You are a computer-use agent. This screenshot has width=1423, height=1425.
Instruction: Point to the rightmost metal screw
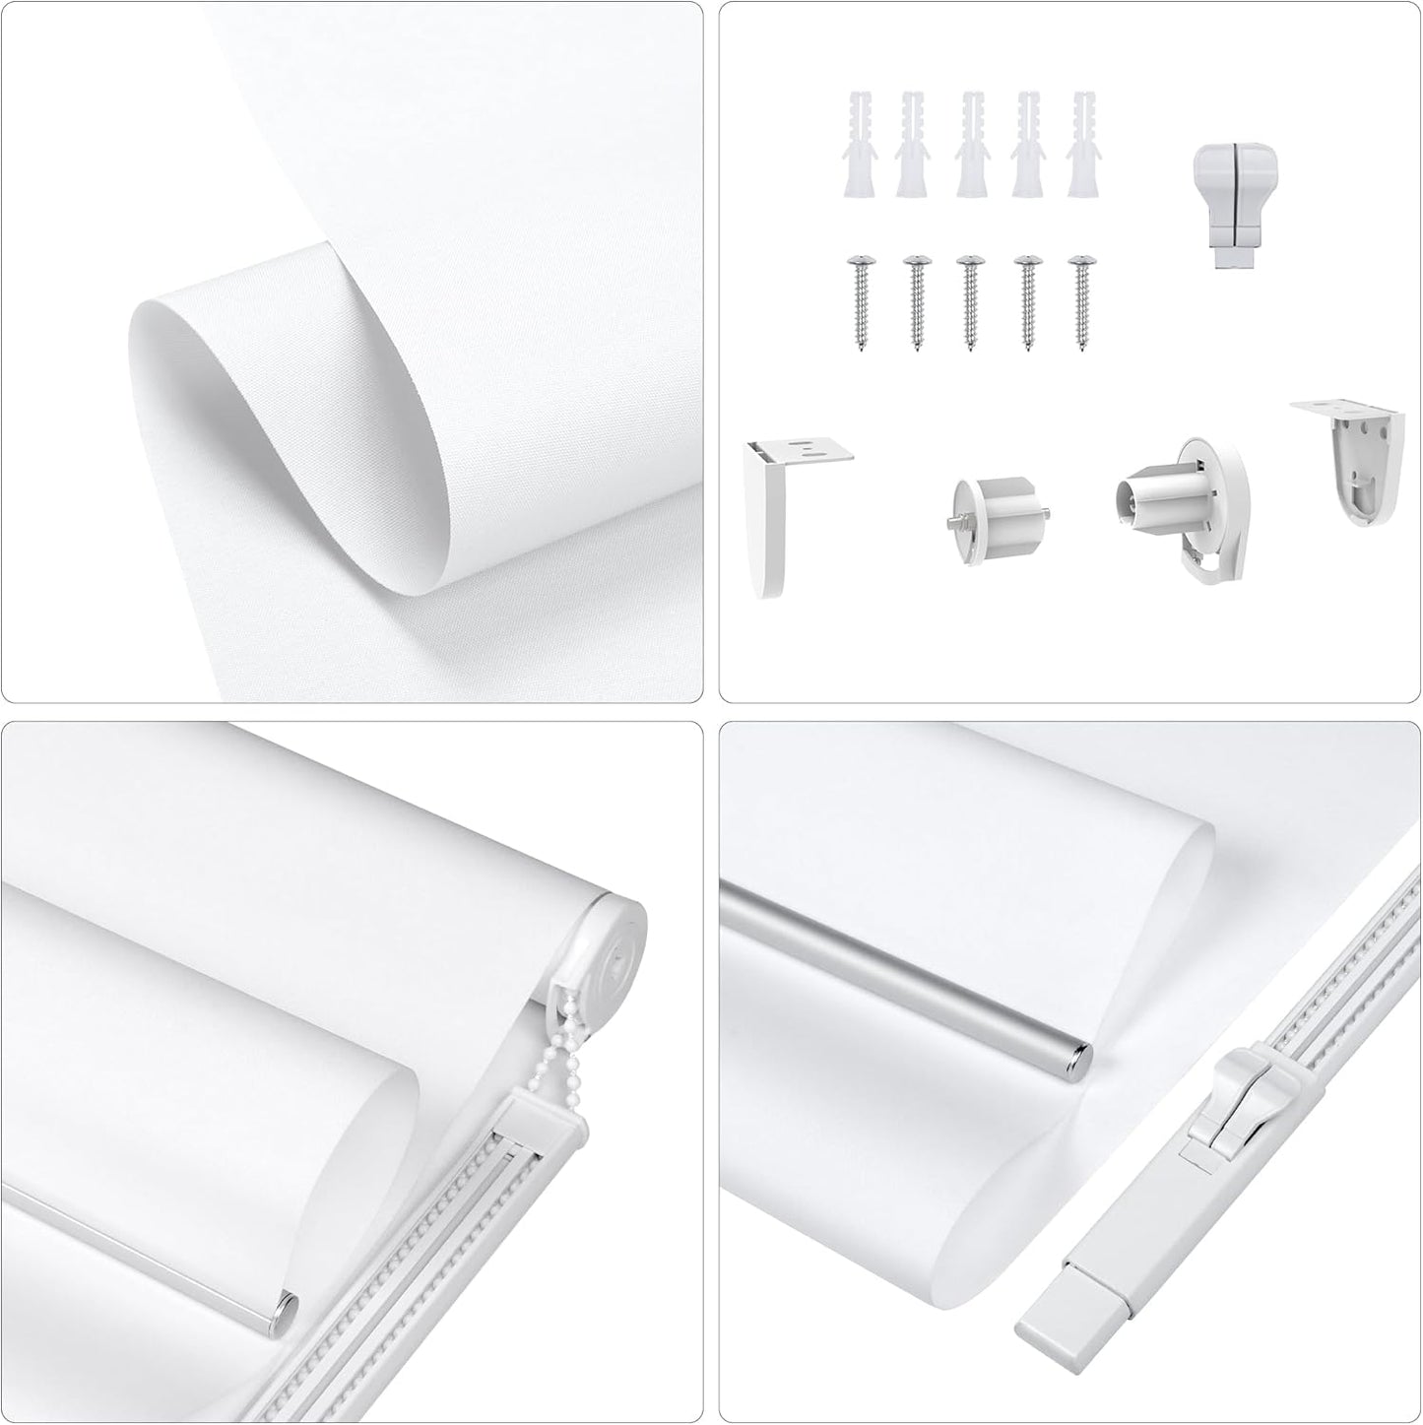[1084, 300]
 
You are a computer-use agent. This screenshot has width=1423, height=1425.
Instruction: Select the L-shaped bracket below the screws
[784, 512]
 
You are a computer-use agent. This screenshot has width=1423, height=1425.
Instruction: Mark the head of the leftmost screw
[860, 262]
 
